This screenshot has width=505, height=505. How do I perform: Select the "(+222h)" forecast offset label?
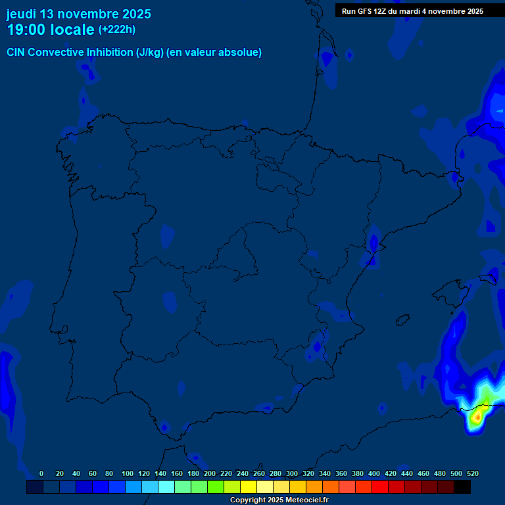(116, 29)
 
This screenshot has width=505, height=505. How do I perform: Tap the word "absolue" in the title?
(242, 53)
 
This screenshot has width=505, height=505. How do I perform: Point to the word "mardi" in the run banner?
(412, 11)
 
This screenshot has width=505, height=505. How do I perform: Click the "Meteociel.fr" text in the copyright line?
(306, 500)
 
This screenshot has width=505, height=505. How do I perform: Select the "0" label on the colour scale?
(41, 473)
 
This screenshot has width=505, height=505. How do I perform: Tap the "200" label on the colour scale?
(210, 473)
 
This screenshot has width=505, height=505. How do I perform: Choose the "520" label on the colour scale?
(472, 473)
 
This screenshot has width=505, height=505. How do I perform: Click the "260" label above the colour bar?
(259, 473)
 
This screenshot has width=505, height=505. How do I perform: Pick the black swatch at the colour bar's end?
(462, 487)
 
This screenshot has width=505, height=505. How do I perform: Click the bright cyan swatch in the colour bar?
(166, 487)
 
